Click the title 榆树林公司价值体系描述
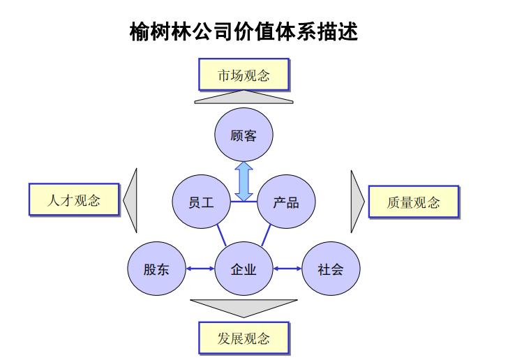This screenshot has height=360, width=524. click(244, 32)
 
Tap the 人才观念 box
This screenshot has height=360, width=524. click(73, 200)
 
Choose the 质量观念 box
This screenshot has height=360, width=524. click(413, 202)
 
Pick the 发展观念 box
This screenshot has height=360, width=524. click(243, 339)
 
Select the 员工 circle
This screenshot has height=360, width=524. click(201, 202)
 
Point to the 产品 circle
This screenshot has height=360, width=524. click(286, 202)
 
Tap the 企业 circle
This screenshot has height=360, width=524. click(244, 269)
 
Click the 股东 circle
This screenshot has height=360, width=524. click(155, 269)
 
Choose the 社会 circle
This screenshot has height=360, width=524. click(330, 269)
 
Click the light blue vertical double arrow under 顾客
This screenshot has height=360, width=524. click(244, 181)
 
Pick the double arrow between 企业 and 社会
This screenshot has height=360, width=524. click(287, 269)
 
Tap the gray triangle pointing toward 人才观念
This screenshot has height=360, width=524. click(131, 201)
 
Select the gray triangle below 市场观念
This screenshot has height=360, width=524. click(244, 98)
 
